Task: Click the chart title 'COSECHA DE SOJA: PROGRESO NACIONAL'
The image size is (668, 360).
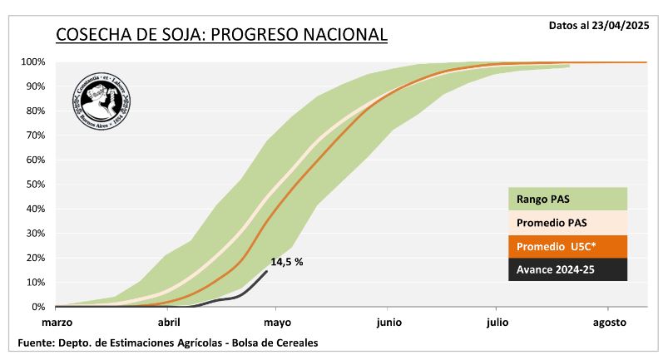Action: point(221,35)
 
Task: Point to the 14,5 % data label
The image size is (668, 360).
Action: point(287,262)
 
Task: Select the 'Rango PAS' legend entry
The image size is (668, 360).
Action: point(567,199)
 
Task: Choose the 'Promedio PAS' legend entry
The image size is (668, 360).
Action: point(567,223)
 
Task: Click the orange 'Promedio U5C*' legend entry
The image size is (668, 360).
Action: point(567,247)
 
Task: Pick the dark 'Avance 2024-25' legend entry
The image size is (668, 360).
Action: point(567,270)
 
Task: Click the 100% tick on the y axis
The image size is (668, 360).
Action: point(32,62)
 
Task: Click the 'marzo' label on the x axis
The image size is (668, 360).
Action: point(58,323)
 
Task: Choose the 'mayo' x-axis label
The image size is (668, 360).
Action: point(277,323)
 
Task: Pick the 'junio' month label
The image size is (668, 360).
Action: point(388,323)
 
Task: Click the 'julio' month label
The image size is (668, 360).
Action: point(498,323)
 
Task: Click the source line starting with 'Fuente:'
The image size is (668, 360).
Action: point(167,343)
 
